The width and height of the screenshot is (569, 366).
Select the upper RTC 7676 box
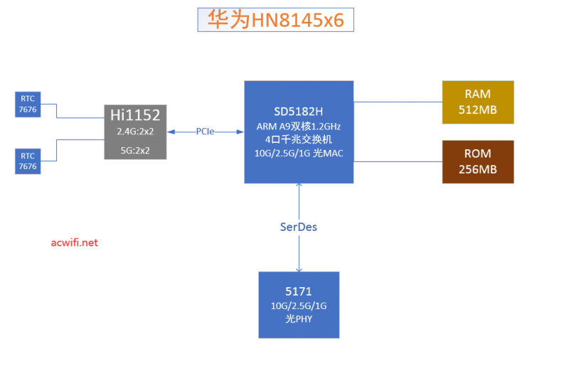click(x=28, y=103)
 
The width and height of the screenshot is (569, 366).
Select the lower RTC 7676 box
click(x=28, y=161)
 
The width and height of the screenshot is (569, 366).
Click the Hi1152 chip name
click(x=135, y=114)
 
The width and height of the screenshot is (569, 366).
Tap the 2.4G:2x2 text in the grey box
click(x=135, y=131)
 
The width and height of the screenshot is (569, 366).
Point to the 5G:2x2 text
click(x=135, y=150)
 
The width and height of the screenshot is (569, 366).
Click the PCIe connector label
click(x=206, y=131)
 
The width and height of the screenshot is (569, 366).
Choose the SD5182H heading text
click(x=299, y=112)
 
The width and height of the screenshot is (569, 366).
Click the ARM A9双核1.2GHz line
click(x=299, y=127)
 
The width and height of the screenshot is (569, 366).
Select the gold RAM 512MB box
click(x=477, y=102)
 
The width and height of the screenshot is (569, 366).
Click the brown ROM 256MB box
click(x=477, y=161)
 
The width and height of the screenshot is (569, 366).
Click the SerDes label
click(x=299, y=227)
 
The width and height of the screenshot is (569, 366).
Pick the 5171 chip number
click(x=299, y=291)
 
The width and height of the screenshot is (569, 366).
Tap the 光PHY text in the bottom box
click(x=299, y=319)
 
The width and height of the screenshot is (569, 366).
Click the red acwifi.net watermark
click(x=75, y=243)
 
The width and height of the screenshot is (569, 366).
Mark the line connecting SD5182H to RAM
click(x=398, y=102)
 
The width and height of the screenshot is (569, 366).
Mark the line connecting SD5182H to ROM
click(x=398, y=162)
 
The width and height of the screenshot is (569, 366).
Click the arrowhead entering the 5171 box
click(x=299, y=269)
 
